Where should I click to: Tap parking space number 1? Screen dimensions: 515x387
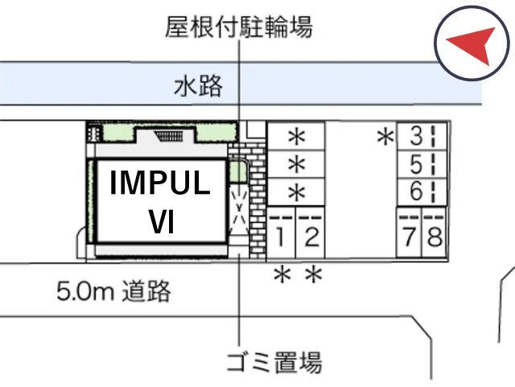[281, 233]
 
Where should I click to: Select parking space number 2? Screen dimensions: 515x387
[311, 233]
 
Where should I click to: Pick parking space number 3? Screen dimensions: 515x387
[422, 136]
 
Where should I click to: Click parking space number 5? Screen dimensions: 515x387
[422, 164]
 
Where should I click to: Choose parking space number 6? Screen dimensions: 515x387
[422, 192]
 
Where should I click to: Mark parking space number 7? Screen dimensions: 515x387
[410, 233]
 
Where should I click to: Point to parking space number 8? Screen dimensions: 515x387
[435, 233]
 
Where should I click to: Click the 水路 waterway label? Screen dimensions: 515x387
[198, 86]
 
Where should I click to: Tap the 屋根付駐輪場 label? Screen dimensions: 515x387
[239, 27]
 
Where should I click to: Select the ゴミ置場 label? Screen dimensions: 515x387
[274, 362]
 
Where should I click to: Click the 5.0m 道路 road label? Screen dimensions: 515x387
[113, 290]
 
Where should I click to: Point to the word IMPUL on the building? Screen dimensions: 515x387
[160, 183]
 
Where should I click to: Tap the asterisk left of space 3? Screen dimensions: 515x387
[385, 137]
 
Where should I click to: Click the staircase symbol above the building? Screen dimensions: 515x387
[169, 136]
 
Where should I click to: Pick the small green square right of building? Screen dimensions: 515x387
[237, 171]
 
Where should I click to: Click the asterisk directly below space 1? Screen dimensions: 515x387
[282, 274]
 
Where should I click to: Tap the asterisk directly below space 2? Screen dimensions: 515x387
[314, 274]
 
